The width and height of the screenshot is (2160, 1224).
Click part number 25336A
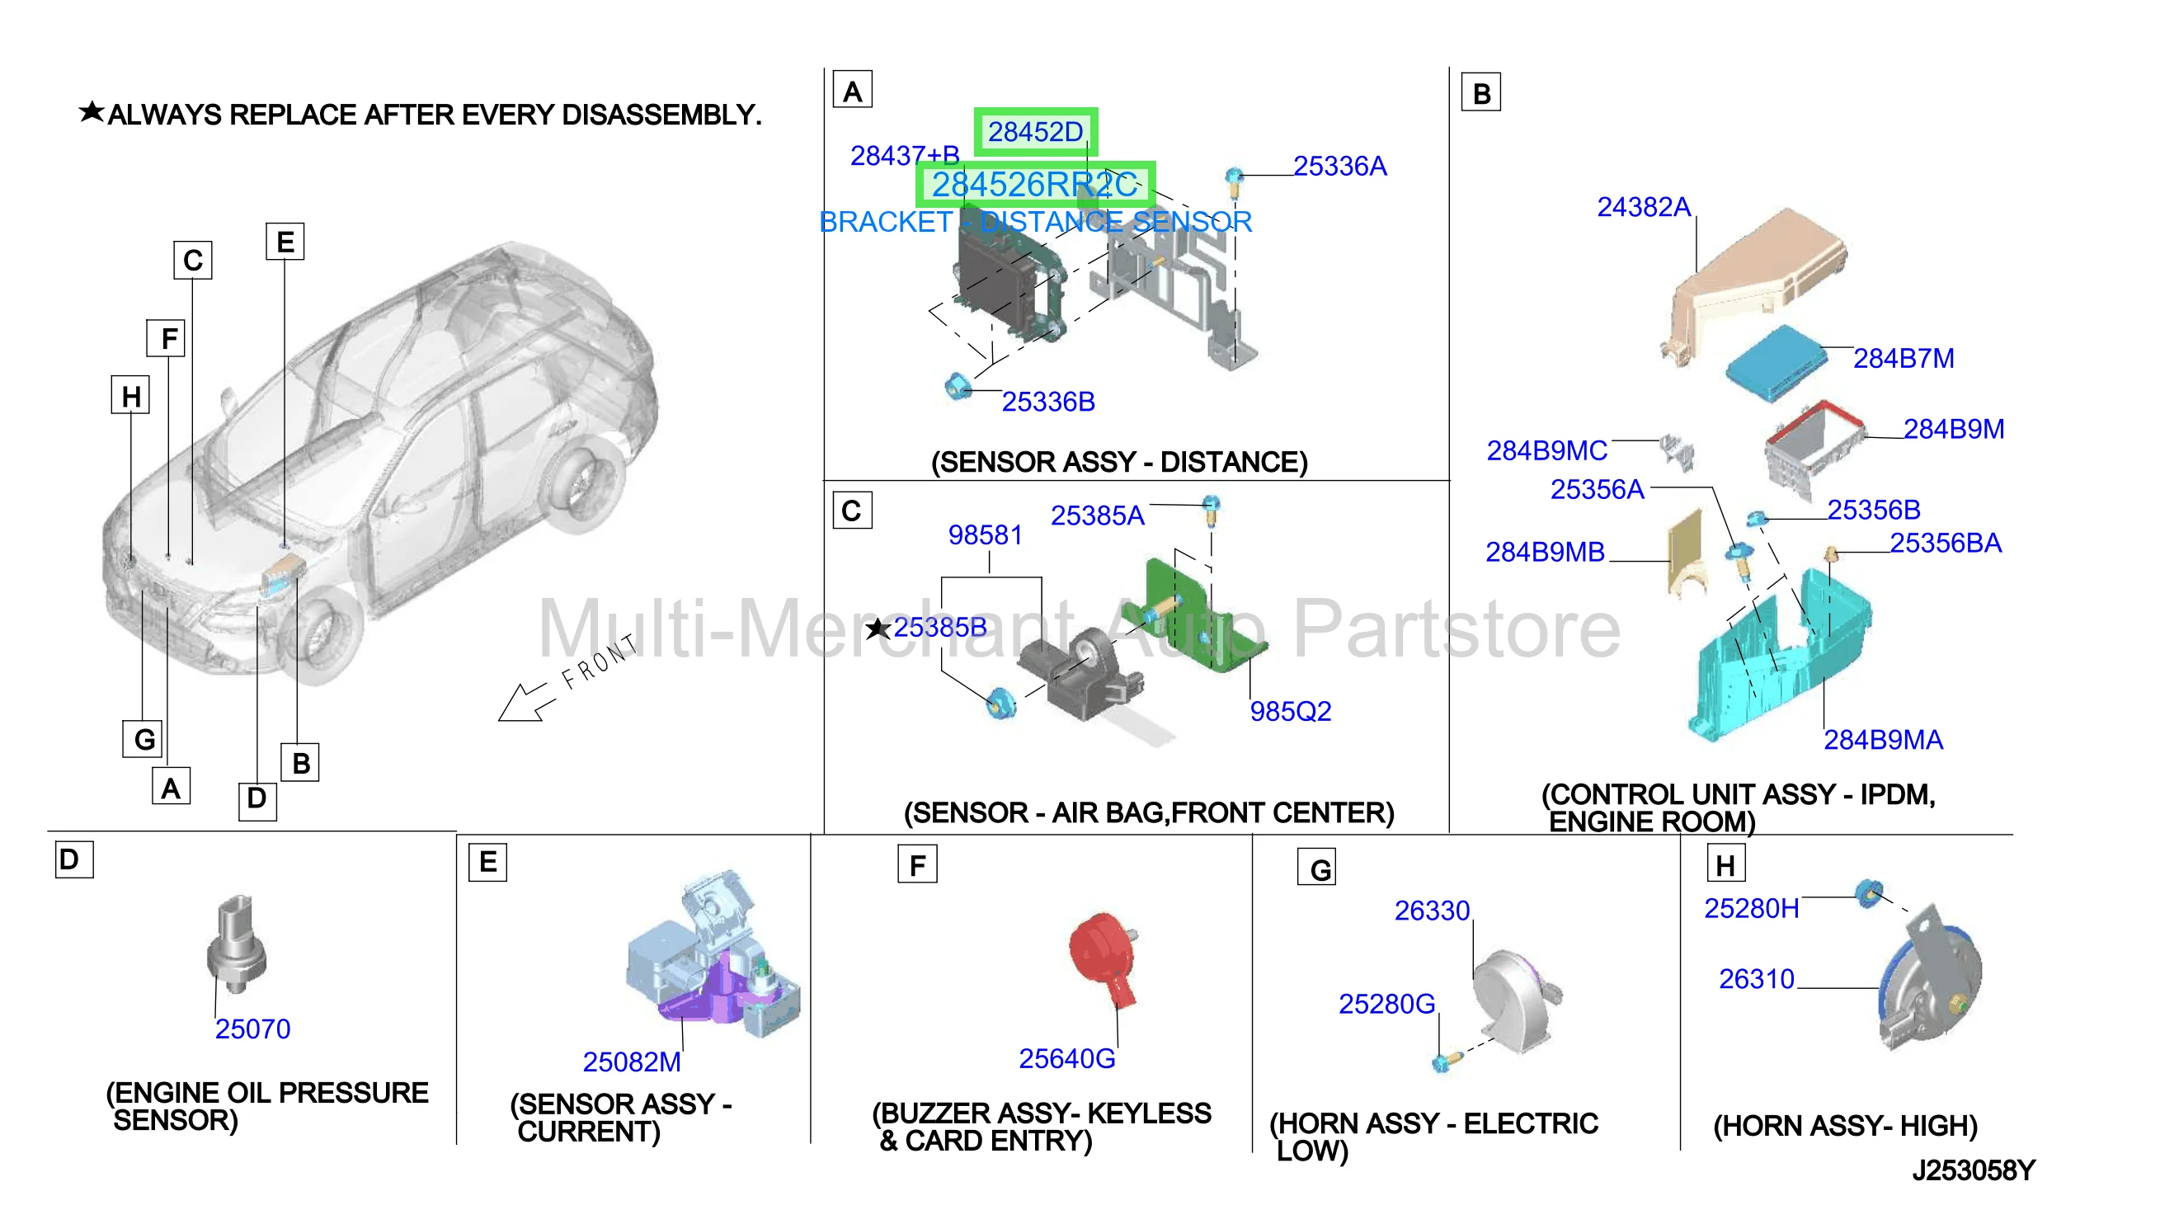1339,167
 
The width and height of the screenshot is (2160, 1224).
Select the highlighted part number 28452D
1034,132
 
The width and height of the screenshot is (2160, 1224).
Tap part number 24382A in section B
1643,207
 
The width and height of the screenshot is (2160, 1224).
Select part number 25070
252,1029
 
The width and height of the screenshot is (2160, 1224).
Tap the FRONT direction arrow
525,701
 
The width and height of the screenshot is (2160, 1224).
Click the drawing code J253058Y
1974,1170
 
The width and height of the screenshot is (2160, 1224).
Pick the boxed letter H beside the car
130,395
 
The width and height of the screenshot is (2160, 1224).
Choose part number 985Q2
1290,711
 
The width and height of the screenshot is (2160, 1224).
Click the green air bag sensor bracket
1201,616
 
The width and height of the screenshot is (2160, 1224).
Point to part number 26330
1431,911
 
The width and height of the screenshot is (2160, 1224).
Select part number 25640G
1066,1058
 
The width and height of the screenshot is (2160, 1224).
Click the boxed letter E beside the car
285,242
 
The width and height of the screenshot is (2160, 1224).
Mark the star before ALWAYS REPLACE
92,111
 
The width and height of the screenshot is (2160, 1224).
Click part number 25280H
1752,909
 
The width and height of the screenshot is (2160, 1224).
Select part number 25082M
632,1062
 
